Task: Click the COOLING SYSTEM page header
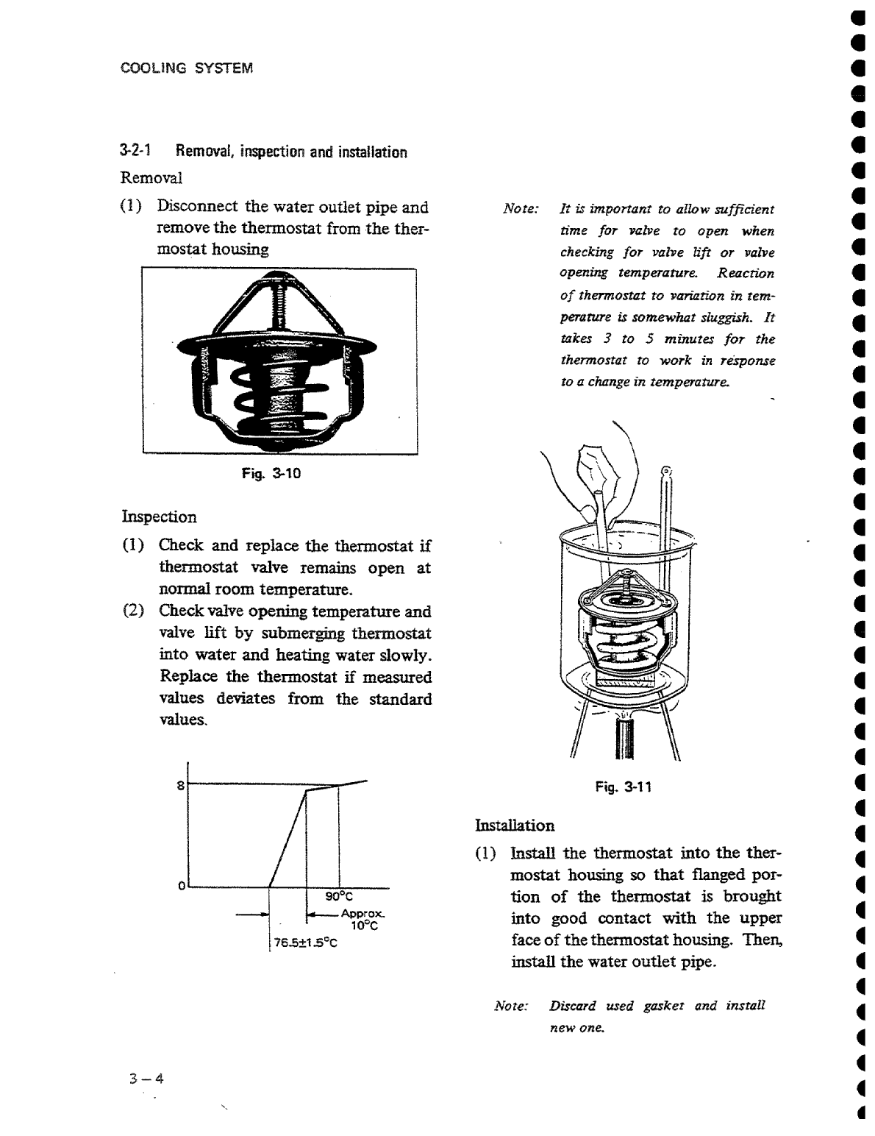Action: coord(186,68)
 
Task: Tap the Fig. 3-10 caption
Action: coord(271,474)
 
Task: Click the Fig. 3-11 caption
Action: coord(624,787)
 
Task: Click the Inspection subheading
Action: coord(159,516)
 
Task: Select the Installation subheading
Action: coord(515,825)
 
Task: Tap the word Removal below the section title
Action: coord(151,178)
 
